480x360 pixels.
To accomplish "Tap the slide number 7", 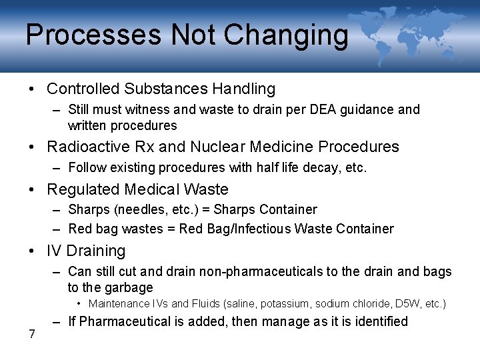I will (x=31, y=334).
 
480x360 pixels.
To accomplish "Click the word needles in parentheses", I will (x=139, y=210).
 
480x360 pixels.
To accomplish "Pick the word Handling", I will (x=244, y=89).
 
